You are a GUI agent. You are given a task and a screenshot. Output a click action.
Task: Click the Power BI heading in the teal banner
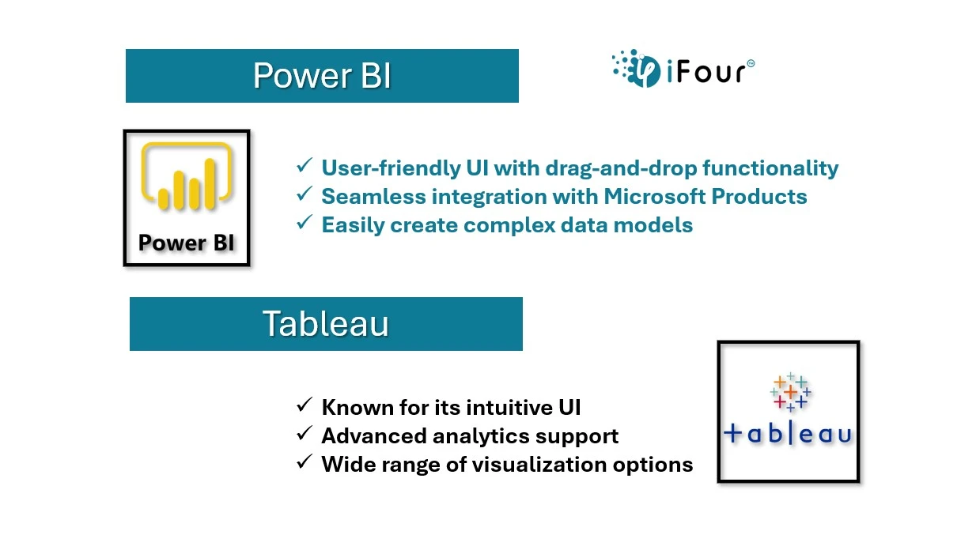[x=322, y=75]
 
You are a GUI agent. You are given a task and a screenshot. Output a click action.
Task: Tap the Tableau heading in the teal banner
[x=326, y=323]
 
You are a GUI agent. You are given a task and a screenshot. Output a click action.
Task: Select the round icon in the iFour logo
[x=645, y=71]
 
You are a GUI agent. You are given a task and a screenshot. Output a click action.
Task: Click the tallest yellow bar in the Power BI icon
[x=210, y=184]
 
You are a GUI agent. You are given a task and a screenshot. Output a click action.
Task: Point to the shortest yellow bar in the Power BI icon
[x=164, y=198]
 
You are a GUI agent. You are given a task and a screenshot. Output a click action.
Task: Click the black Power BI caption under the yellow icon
[x=187, y=243]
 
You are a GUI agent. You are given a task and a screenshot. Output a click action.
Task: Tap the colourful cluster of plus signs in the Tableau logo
[x=790, y=392]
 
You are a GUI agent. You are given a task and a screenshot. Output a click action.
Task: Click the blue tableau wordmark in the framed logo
[x=788, y=434]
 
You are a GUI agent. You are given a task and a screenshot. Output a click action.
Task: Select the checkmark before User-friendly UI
[x=305, y=165]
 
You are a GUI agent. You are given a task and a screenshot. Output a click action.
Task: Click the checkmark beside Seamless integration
[x=305, y=194]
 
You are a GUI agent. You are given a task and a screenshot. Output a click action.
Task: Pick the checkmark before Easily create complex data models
[x=305, y=222]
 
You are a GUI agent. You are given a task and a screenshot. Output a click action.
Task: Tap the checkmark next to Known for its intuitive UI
[x=305, y=405]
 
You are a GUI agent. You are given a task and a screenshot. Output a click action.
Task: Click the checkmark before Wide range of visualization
[x=305, y=461]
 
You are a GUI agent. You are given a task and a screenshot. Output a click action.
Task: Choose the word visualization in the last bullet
[x=539, y=464]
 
